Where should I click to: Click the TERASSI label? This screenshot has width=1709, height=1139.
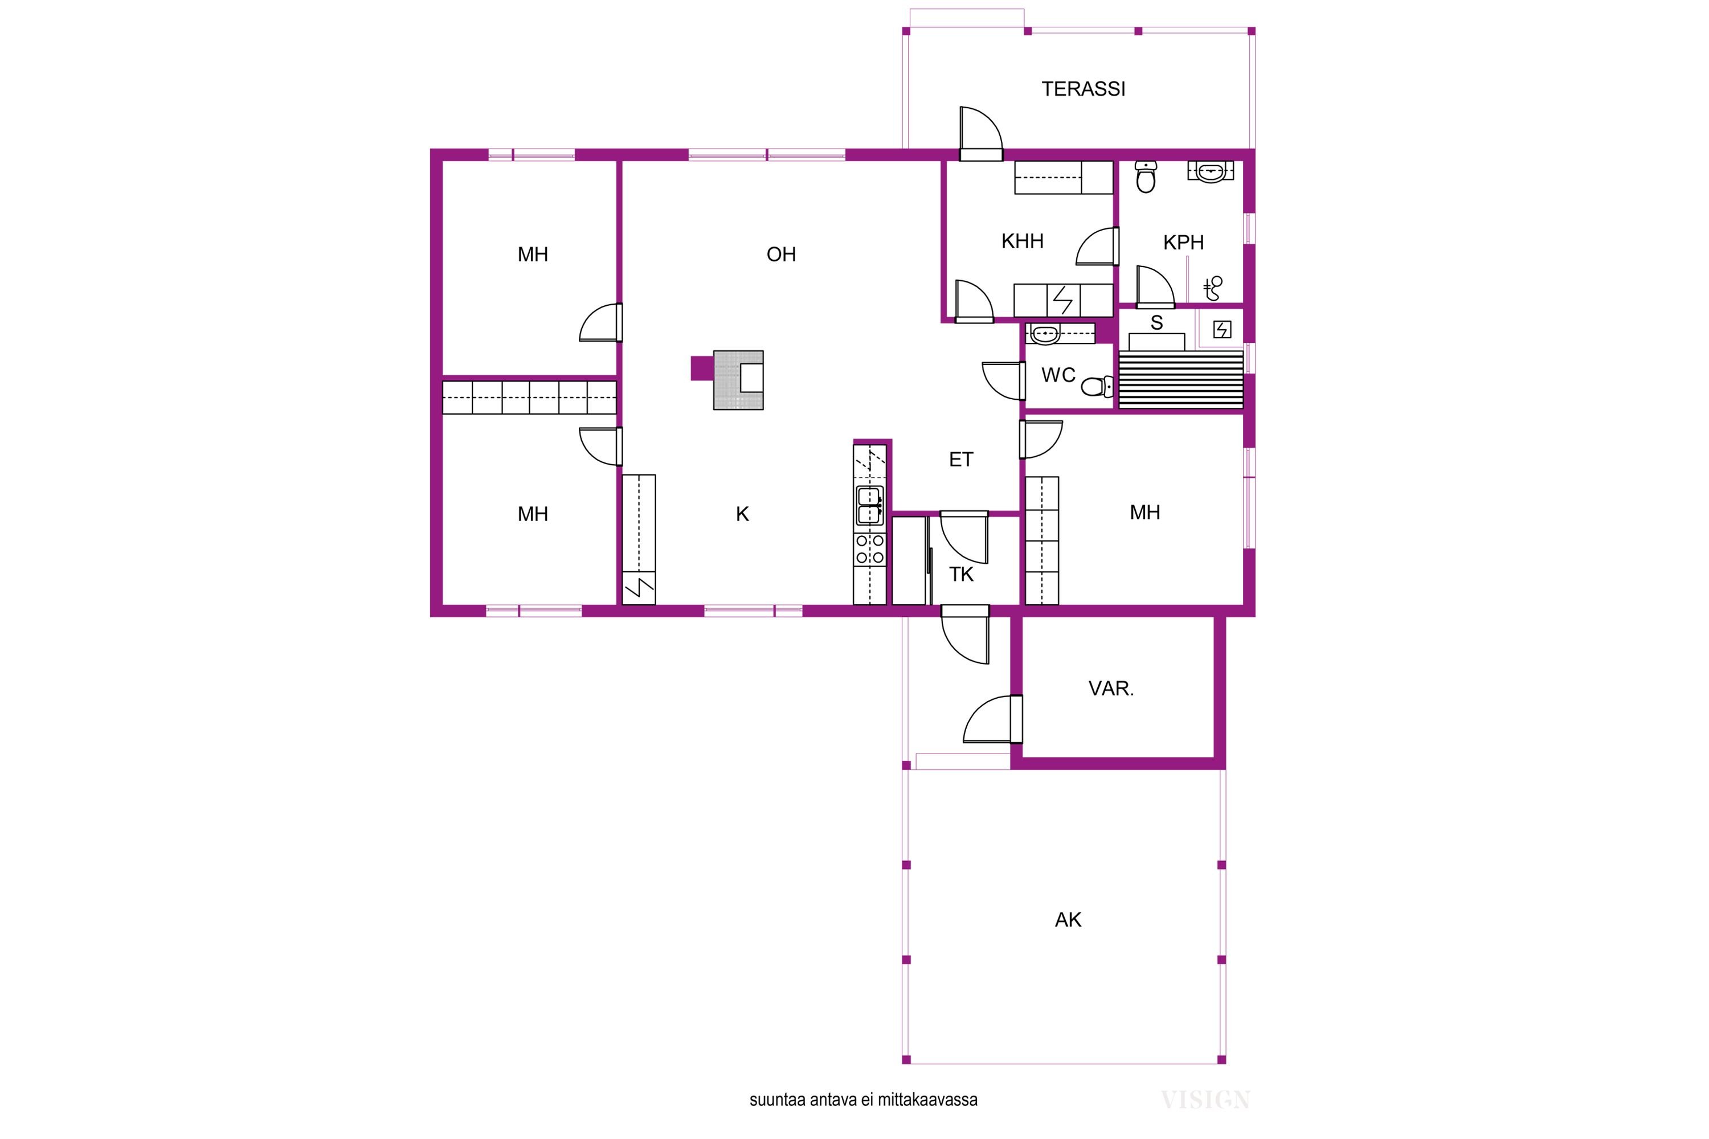coord(1084,89)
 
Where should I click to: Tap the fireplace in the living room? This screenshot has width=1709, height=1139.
coord(738,380)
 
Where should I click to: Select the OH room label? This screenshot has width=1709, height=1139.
coord(781,254)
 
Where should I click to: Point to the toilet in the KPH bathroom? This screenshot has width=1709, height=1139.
coord(1146,177)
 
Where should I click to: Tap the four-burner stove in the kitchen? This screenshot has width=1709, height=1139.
coord(870,549)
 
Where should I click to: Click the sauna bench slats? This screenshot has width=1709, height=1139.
coord(1181,380)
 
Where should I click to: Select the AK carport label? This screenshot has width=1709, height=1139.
coord(1068,920)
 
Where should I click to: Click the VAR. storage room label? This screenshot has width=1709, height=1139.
coord(1111,689)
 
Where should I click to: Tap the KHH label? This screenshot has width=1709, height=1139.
coord(1023,241)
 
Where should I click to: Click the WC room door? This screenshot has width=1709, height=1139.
coord(1003,382)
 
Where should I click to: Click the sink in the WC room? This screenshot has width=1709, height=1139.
coord(1045,335)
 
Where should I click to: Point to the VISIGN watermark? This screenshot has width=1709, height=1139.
coord(1205,1100)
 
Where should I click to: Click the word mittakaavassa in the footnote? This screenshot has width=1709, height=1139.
coord(927,1100)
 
